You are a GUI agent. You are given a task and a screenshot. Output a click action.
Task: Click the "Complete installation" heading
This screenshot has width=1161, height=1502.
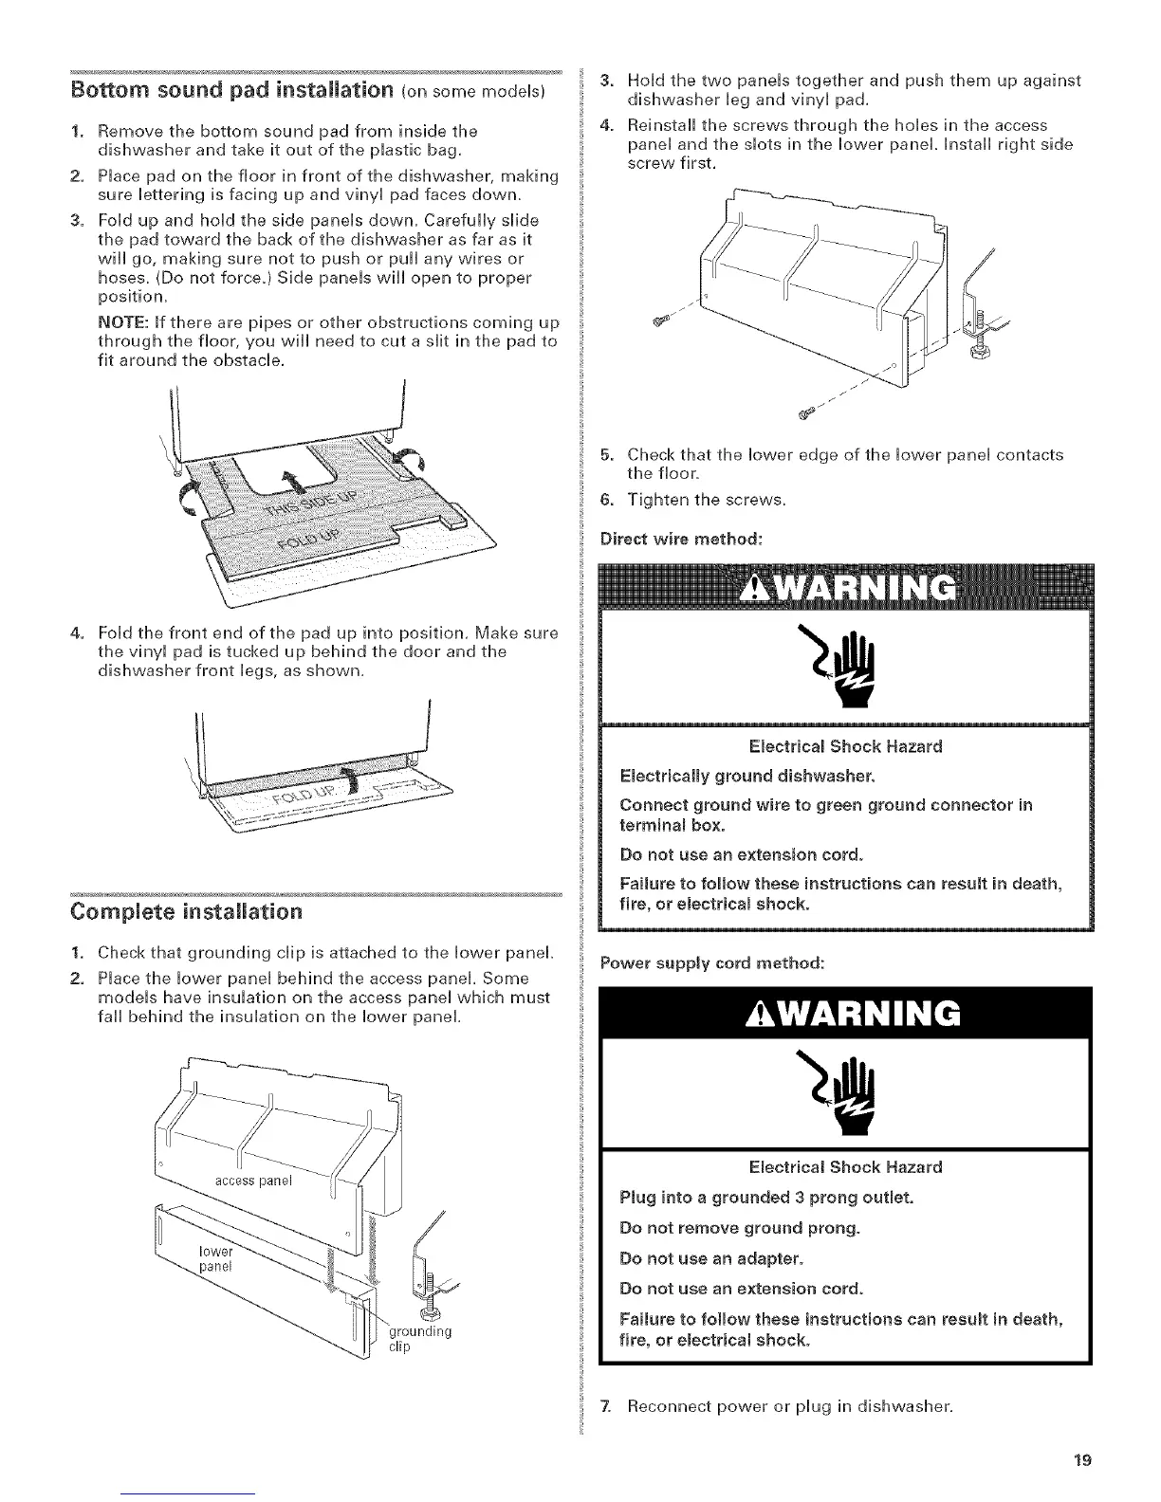click(187, 912)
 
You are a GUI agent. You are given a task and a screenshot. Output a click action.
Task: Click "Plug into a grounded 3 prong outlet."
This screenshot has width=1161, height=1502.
click(766, 1197)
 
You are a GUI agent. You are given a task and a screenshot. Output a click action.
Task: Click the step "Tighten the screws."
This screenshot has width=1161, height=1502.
click(705, 500)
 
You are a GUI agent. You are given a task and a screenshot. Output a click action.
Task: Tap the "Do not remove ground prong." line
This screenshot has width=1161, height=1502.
click(739, 1228)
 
